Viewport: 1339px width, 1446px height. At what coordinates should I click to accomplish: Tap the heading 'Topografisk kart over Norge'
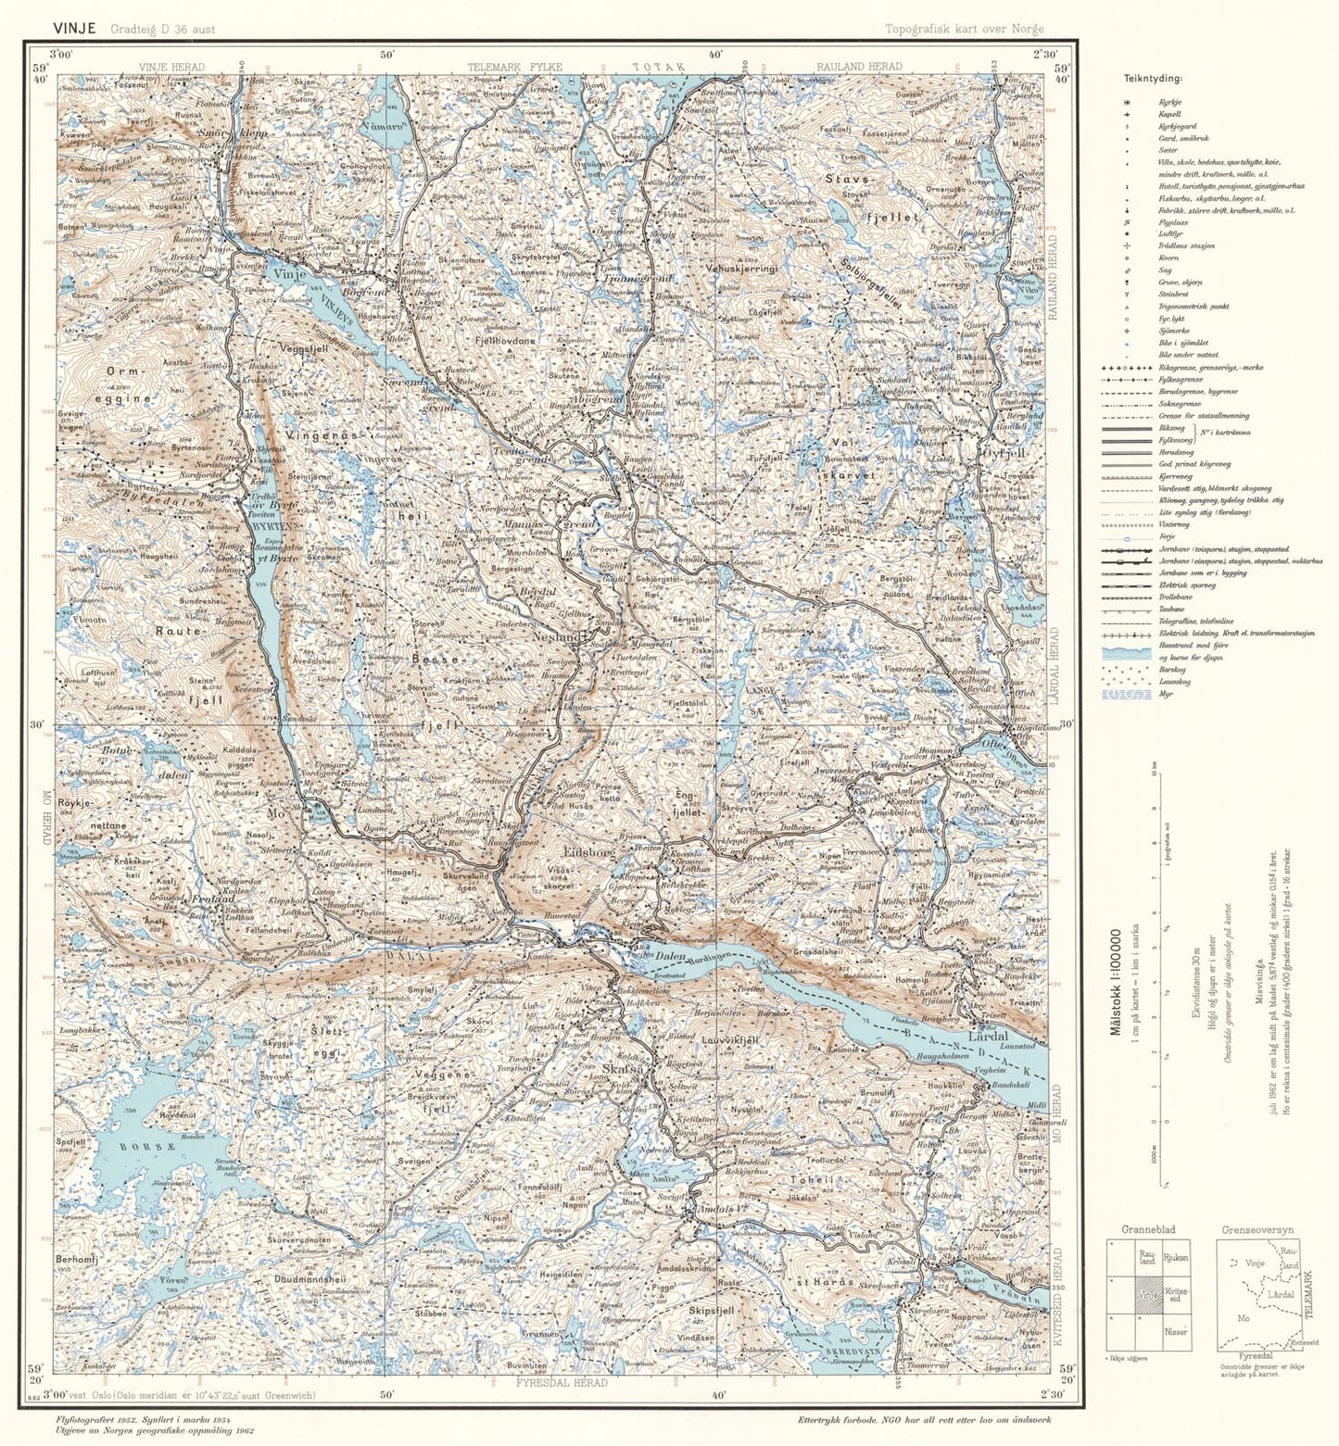(x=964, y=29)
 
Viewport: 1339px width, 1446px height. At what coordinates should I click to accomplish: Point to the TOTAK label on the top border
(x=658, y=67)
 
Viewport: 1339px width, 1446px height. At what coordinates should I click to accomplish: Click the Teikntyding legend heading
(x=1153, y=79)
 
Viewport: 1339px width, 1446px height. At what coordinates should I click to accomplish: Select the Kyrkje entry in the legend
(x=1169, y=101)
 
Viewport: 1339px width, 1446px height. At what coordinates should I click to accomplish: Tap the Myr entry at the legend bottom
(x=1165, y=694)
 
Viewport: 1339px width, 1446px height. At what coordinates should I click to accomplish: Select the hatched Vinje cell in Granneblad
(x=1147, y=1295)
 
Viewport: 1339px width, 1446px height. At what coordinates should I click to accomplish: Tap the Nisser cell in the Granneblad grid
(x=1175, y=1331)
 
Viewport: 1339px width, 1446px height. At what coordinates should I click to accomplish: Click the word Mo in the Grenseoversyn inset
(x=1243, y=1318)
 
